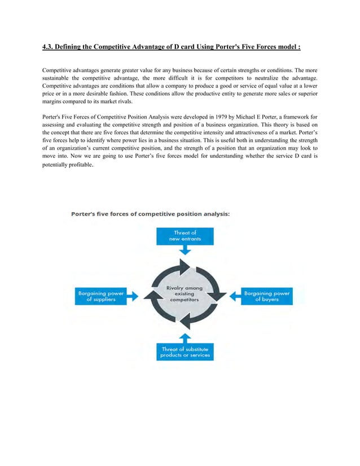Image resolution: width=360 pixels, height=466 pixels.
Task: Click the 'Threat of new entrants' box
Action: click(185, 236)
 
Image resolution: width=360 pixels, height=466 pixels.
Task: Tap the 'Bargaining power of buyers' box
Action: click(267, 296)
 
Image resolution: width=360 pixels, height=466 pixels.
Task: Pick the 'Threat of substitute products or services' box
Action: click(184, 352)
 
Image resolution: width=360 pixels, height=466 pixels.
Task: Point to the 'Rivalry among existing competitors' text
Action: click(184, 294)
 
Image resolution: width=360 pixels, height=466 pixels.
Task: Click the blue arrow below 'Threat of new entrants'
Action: click(185, 250)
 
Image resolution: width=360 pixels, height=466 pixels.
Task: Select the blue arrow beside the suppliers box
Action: click(134, 296)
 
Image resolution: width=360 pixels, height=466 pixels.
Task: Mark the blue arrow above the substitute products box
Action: click(184, 337)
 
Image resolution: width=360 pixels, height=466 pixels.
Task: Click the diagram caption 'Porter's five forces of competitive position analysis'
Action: click(150, 213)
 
